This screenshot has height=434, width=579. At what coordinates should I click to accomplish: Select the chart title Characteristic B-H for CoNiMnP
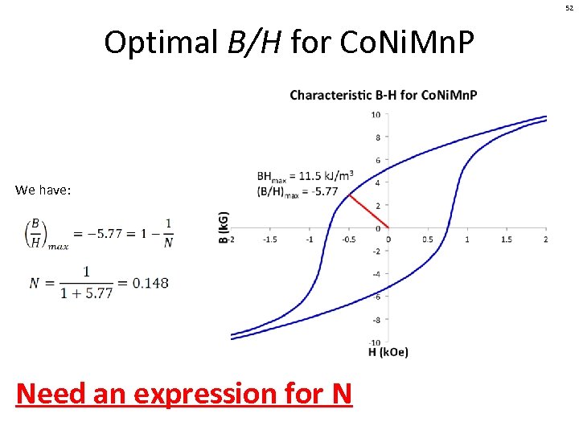point(383,95)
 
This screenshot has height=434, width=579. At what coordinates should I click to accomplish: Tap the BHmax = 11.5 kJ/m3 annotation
point(305,176)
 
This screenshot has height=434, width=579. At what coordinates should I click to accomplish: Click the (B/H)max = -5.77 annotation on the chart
point(299,191)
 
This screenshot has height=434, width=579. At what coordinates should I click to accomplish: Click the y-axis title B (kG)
point(224,227)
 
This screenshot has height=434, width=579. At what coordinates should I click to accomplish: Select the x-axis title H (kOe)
point(388,352)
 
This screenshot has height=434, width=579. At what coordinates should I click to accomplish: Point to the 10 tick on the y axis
point(376,114)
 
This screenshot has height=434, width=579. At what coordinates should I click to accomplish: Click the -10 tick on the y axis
point(375,342)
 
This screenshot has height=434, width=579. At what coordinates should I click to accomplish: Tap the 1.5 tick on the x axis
point(507,240)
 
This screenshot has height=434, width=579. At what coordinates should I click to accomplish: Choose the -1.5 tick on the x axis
point(269,240)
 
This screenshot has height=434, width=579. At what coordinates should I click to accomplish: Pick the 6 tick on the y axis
point(377,160)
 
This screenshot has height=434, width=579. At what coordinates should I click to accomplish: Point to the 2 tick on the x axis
point(546,240)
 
